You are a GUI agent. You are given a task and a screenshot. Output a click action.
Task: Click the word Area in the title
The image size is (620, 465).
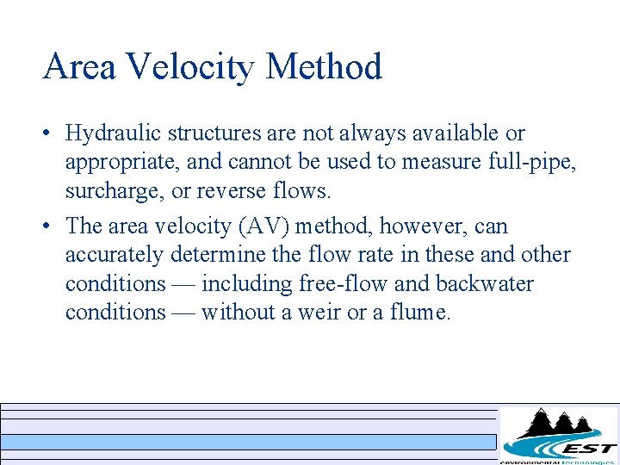click(x=79, y=67)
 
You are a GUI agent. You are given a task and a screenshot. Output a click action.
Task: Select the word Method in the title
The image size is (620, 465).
click(x=324, y=67)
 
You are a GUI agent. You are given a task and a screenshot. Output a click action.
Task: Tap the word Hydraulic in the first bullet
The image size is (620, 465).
click(x=114, y=134)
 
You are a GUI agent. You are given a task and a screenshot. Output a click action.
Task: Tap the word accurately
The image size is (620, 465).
click(x=115, y=256)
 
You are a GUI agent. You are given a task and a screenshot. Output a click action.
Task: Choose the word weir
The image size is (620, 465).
click(x=316, y=313)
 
